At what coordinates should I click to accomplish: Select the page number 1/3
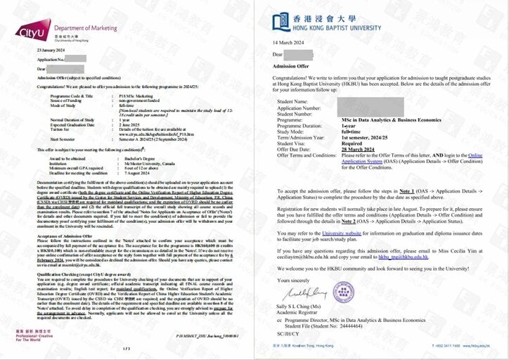127,349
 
